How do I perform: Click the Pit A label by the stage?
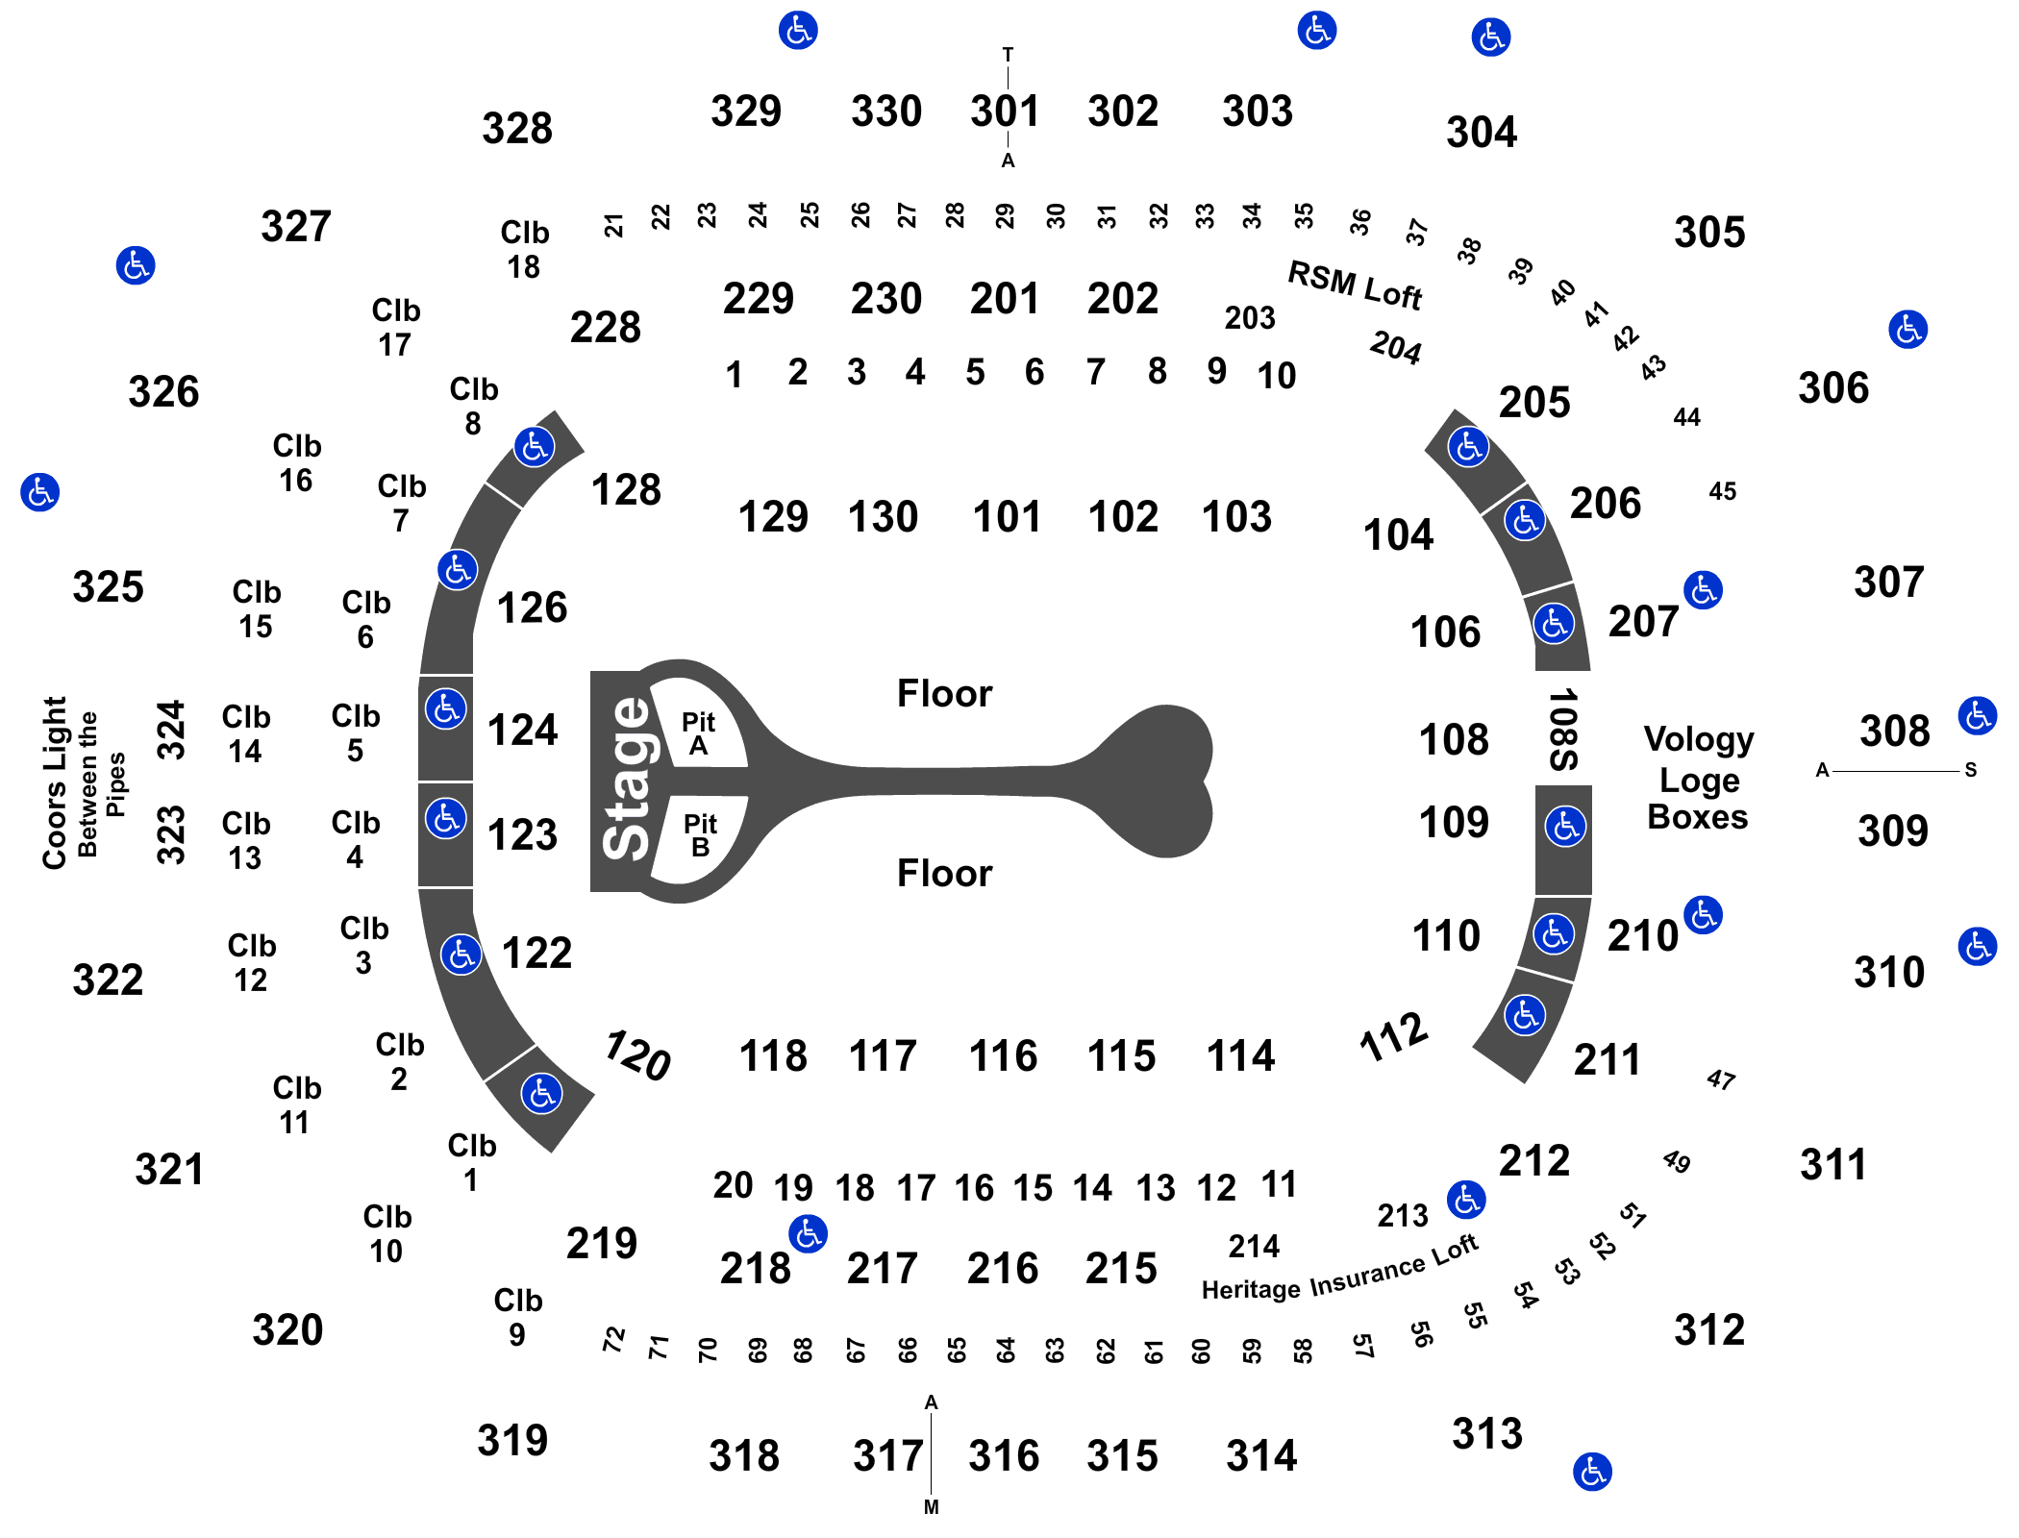698,733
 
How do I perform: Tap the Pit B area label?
700,834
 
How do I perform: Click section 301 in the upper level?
1005,111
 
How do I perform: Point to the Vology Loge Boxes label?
1699,778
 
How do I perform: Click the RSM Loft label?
1355,285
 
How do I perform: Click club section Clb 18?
524,249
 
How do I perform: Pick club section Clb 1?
471,1162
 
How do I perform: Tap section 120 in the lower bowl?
636,1055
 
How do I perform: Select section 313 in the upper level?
1487,1433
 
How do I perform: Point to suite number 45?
1723,491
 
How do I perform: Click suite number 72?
613,1339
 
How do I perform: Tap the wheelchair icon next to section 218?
808,1233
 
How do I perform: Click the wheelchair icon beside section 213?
1466,1199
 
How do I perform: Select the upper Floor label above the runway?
944,693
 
